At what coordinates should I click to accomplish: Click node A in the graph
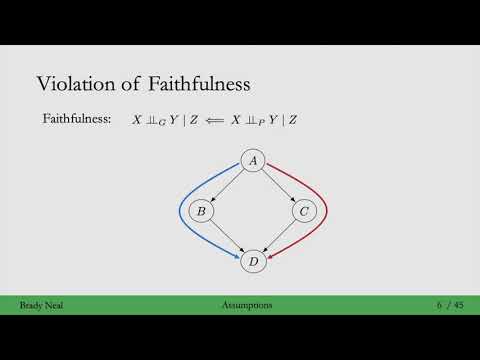tap(253, 161)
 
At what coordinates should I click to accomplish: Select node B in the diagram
tap(201, 211)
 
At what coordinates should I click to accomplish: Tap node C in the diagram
tap(304, 211)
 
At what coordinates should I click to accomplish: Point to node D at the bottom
tap(253, 262)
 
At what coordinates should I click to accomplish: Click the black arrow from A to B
tap(227, 186)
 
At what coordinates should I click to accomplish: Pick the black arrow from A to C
tap(279, 186)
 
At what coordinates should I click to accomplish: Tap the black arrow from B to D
tap(227, 237)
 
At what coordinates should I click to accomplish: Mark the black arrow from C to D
tap(279, 237)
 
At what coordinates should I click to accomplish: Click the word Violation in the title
tap(77, 83)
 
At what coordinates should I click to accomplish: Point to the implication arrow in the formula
tap(213, 120)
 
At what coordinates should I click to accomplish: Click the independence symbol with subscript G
tap(157, 120)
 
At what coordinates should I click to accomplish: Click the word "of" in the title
tap(133, 83)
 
